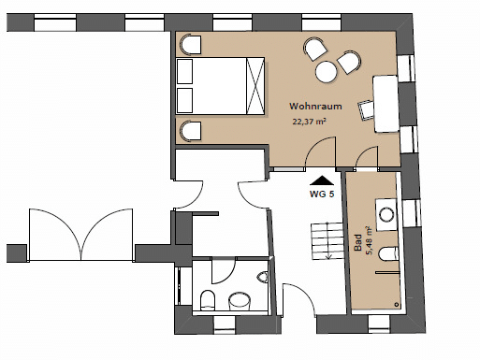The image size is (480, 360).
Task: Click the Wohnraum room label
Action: (x=315, y=107)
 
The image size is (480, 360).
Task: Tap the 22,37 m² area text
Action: (x=309, y=122)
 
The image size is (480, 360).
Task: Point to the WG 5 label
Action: (x=322, y=194)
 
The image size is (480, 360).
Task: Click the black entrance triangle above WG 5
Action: (x=322, y=180)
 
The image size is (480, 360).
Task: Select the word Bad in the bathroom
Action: (x=358, y=242)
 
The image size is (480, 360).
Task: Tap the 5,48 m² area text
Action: (x=370, y=240)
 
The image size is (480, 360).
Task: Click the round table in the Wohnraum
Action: (x=327, y=72)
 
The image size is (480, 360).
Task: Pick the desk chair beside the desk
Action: (x=366, y=110)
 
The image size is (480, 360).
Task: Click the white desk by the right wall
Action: (x=385, y=104)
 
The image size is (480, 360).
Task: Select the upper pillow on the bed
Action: (x=184, y=71)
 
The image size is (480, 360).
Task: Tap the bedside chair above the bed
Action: (x=191, y=45)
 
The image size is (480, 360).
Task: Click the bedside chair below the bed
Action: (x=191, y=131)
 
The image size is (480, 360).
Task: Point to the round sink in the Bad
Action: (x=387, y=215)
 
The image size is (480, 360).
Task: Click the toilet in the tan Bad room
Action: (x=388, y=253)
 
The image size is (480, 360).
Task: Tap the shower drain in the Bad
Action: (x=397, y=304)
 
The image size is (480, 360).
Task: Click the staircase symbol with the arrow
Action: (x=327, y=240)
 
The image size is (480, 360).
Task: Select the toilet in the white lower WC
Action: (x=208, y=300)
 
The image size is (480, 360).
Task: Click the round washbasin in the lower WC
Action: (x=240, y=301)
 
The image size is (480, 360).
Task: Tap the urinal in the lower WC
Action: (x=263, y=277)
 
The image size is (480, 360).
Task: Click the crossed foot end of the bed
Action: (x=255, y=86)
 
